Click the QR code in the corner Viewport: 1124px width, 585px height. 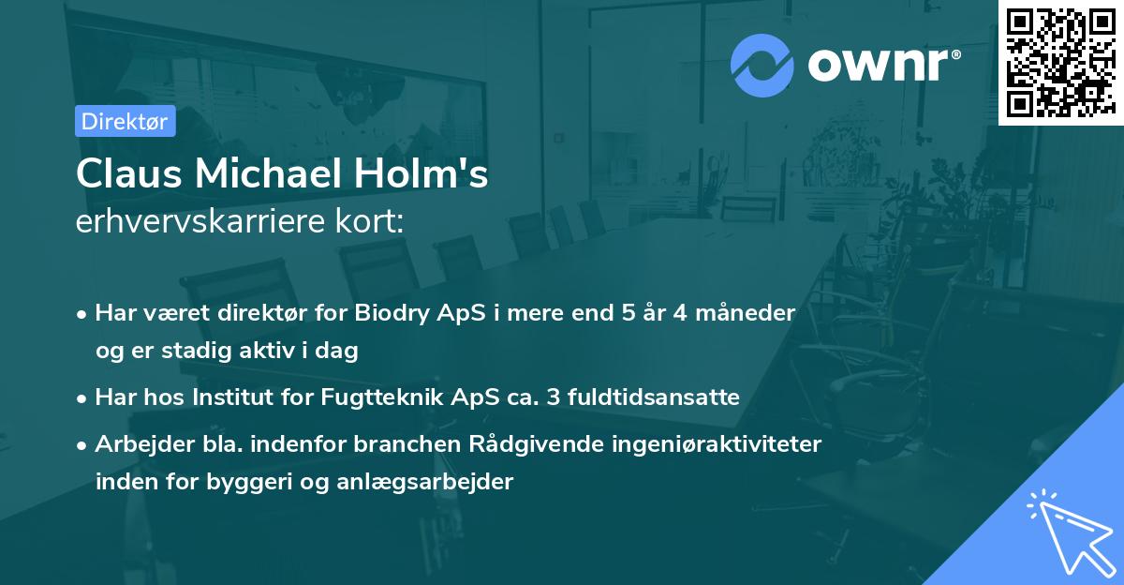(x=1061, y=62)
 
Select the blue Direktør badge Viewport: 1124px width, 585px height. (x=125, y=121)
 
